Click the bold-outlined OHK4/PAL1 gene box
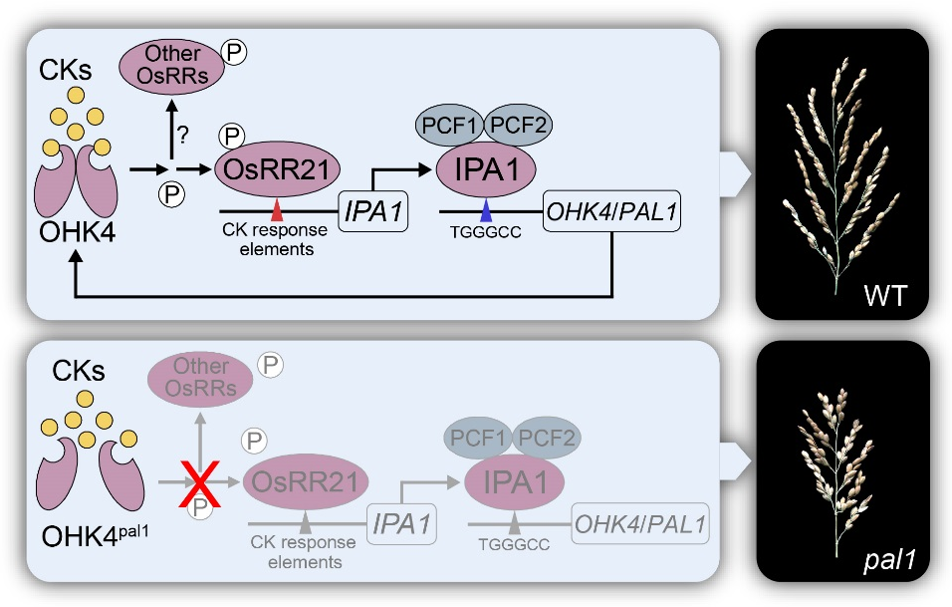[x=612, y=211]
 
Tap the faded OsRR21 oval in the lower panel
[x=306, y=483]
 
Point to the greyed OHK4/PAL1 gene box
[x=642, y=522]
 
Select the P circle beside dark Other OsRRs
[x=236, y=52]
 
